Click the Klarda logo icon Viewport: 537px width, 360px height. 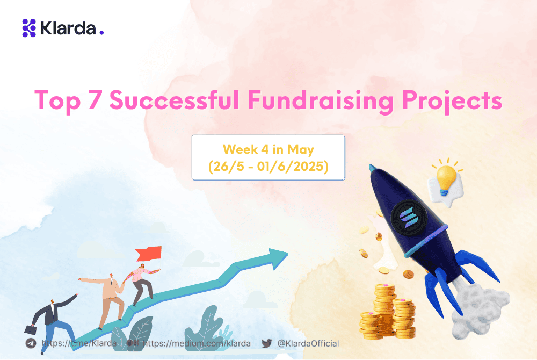pos(28,27)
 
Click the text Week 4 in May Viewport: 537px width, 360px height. pos(268,149)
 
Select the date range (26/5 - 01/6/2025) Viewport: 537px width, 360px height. pos(268,167)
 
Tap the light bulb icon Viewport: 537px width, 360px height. pos(446,177)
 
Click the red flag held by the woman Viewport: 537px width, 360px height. pos(153,252)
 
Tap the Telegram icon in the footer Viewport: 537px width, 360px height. pos(31,343)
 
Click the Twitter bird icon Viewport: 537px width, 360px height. pos(267,343)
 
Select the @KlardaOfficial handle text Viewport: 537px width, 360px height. pos(308,343)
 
